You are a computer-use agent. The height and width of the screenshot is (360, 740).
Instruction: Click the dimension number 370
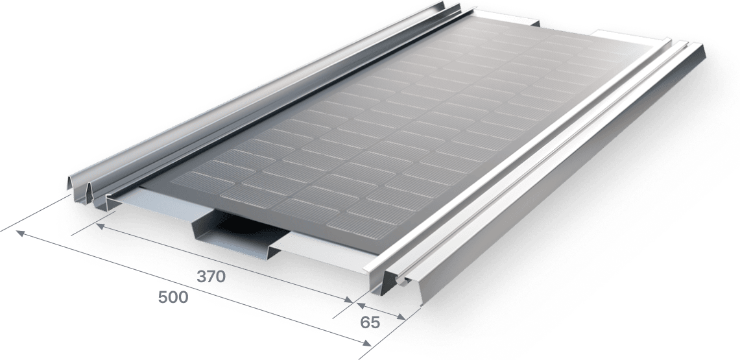click(x=211, y=276)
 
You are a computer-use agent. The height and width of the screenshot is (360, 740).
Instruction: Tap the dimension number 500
click(x=173, y=297)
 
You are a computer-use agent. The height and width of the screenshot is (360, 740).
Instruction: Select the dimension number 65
click(x=370, y=322)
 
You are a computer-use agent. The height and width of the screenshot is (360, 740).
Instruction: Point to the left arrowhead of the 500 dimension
click(x=20, y=233)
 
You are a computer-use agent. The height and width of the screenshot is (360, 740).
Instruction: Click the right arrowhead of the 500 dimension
click(x=366, y=343)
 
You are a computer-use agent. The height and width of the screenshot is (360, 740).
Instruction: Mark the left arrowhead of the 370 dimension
click(x=100, y=226)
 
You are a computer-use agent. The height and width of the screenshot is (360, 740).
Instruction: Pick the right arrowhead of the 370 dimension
click(x=349, y=300)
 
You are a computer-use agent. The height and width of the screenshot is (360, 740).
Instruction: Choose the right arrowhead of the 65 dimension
click(x=401, y=317)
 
